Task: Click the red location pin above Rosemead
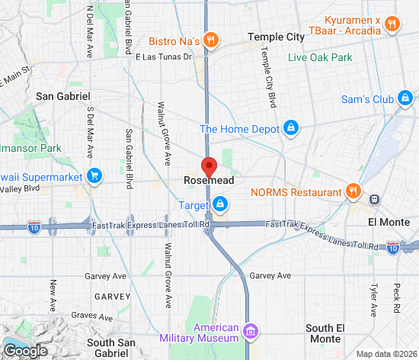(209, 166)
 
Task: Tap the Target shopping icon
(220, 204)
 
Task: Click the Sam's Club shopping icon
(405, 98)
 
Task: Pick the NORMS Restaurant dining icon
(353, 191)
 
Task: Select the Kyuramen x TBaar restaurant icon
(392, 24)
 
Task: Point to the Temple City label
(276, 37)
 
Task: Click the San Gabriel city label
(62, 96)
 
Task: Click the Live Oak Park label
(319, 57)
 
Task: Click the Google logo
(24, 350)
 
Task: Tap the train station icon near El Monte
(375, 199)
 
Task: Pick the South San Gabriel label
(111, 348)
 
